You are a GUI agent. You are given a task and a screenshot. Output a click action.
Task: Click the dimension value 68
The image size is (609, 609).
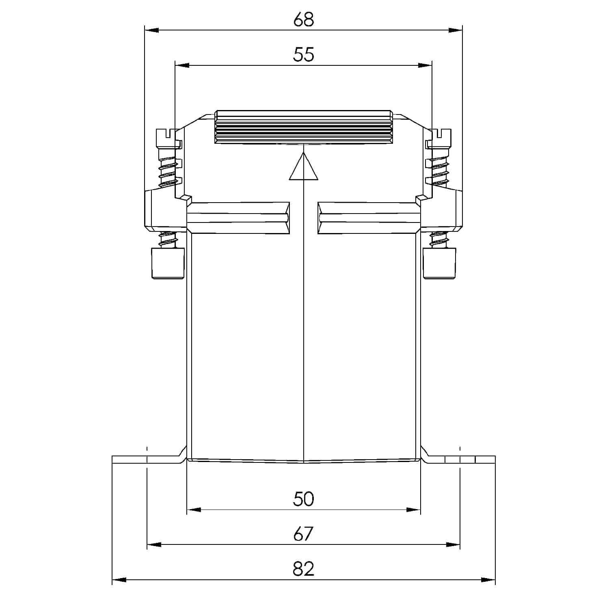pos(303,19)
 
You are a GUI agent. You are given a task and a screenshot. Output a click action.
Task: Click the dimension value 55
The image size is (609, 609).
pos(303,54)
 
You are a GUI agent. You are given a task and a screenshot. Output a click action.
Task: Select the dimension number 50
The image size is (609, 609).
pos(303,499)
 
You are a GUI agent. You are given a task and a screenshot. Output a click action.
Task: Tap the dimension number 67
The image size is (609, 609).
pos(303,534)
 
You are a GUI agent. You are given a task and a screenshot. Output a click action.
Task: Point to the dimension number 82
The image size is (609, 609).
pos(303,569)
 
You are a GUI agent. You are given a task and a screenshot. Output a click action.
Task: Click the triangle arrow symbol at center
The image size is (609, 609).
pos(304,167)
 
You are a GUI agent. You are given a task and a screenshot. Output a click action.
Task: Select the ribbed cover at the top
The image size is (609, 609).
pos(303,127)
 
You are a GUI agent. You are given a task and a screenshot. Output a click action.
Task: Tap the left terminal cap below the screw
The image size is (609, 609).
pos(168,263)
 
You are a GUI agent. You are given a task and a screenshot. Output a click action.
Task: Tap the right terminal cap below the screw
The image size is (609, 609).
pos(439,263)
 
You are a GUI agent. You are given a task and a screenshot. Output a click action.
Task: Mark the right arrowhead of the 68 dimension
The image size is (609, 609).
pos(455,30)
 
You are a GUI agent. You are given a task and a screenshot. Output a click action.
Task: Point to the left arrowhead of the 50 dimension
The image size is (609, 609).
pos(194,510)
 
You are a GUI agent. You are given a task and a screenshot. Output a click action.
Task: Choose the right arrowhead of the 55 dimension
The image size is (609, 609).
pos(425,65)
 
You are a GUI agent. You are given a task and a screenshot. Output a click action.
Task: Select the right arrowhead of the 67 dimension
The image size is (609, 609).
pos(453,545)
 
